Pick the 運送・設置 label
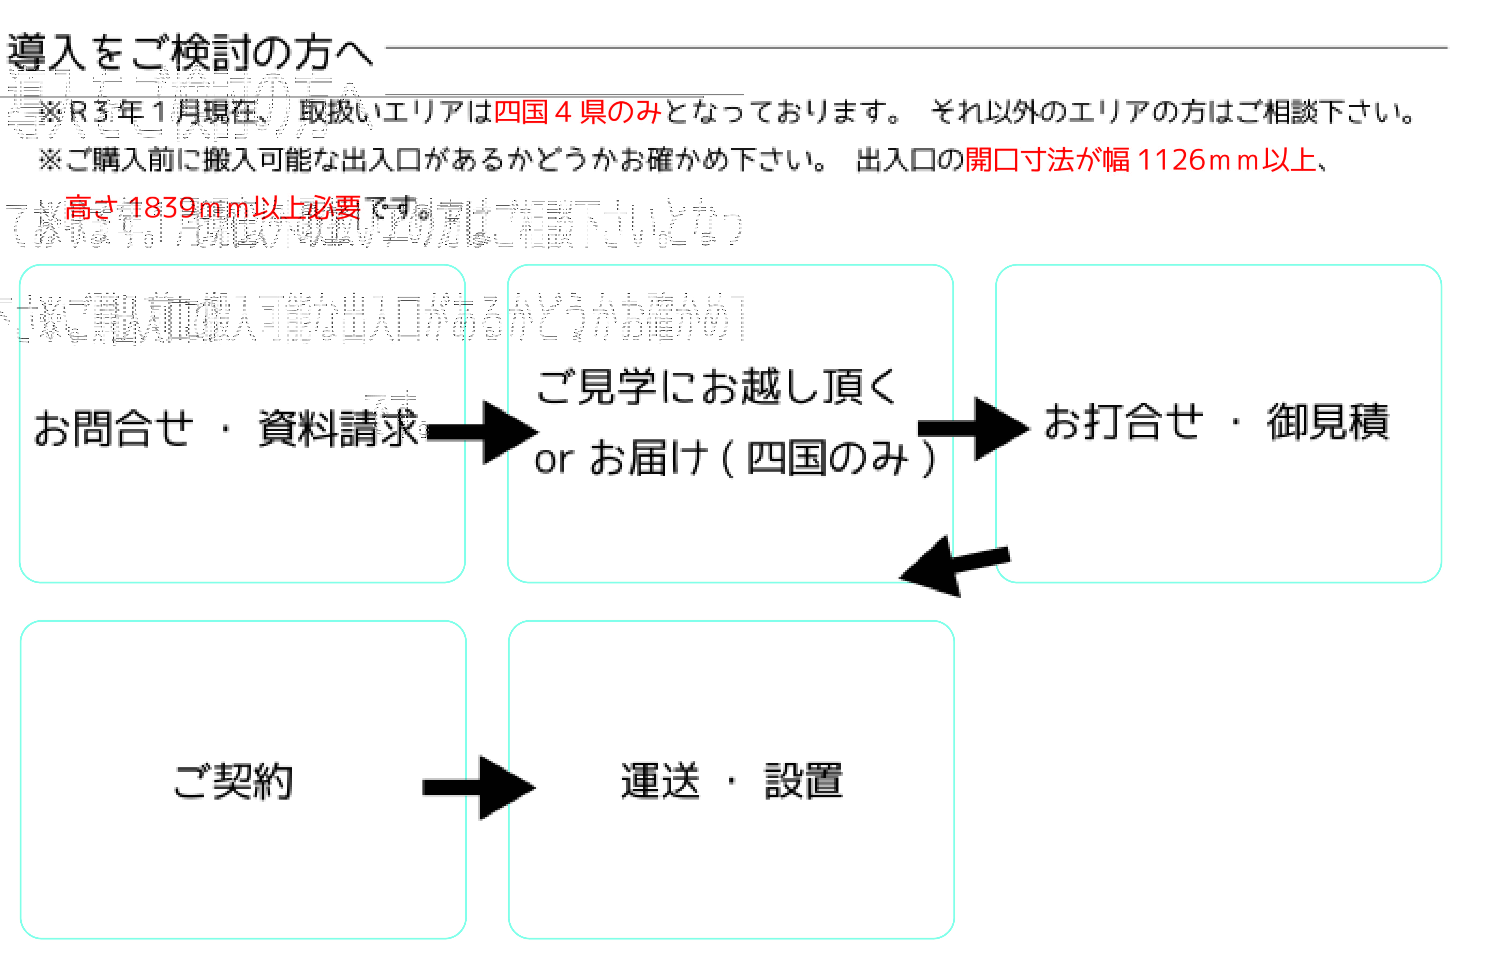[732, 781]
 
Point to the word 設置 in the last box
[803, 781]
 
